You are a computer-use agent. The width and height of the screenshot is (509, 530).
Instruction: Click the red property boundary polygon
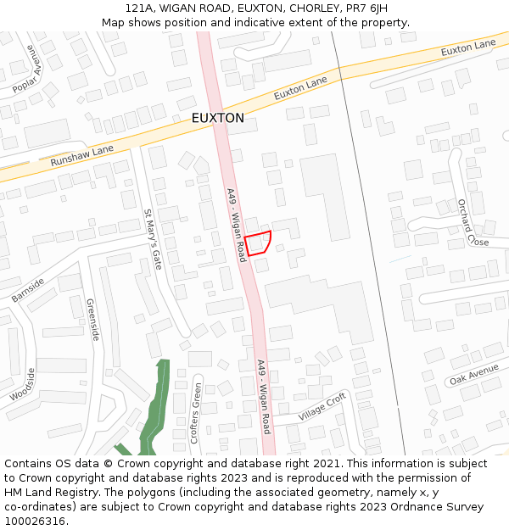[259, 243]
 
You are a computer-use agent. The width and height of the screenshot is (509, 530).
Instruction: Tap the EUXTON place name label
[217, 118]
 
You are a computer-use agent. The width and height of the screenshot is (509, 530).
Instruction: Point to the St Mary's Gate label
[152, 240]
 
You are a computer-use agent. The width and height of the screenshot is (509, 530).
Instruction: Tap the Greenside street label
[92, 320]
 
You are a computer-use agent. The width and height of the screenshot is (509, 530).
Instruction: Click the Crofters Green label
[196, 413]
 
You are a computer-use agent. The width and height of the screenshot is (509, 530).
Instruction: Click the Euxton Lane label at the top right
[467, 47]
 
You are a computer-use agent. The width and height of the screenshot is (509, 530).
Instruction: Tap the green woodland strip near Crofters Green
[153, 407]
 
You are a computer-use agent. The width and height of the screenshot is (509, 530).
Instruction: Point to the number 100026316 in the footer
[34, 522]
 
